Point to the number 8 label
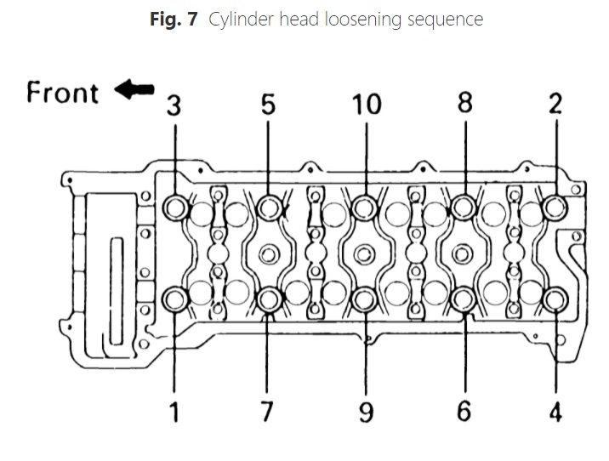click(464, 104)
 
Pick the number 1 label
click(175, 412)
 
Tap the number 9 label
click(366, 412)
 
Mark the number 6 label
click(464, 412)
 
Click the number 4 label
click(555, 412)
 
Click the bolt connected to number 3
click(176, 207)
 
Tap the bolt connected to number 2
click(555, 207)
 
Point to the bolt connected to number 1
click(176, 299)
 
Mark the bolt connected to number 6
click(464, 299)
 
